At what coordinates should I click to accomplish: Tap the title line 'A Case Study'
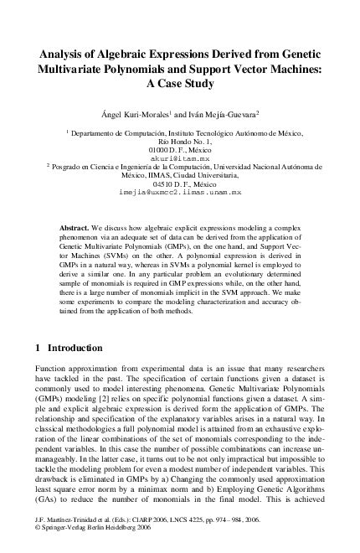(180, 85)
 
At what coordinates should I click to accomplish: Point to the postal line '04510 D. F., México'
(180, 183)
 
